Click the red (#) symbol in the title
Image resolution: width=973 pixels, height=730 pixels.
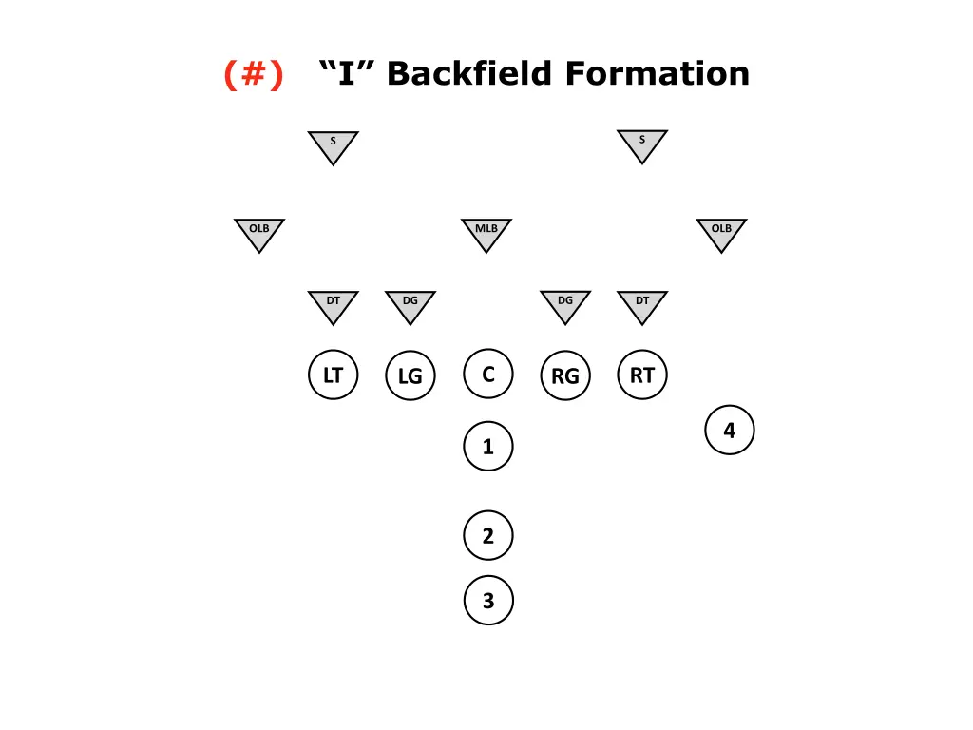pyautogui.click(x=254, y=73)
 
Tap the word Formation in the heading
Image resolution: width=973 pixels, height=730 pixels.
pyautogui.click(x=658, y=73)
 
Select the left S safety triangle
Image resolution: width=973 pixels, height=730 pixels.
pyautogui.click(x=333, y=145)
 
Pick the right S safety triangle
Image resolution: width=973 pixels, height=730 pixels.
pyautogui.click(x=642, y=144)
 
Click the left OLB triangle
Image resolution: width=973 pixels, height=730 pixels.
pyautogui.click(x=259, y=233)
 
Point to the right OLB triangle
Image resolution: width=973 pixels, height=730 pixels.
pyautogui.click(x=721, y=233)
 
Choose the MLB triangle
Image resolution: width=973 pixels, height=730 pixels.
pyautogui.click(x=486, y=233)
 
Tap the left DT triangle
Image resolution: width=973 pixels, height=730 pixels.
pyautogui.click(x=334, y=305)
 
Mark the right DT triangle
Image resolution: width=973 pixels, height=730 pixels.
pyautogui.click(x=642, y=305)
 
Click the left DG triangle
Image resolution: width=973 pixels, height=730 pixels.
pyautogui.click(x=410, y=305)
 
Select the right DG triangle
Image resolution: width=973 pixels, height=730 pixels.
pyautogui.click(x=565, y=305)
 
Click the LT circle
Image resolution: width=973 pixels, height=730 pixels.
pyautogui.click(x=334, y=375)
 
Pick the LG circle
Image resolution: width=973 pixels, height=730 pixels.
pyautogui.click(x=410, y=376)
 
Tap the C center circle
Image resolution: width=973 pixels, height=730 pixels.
pyautogui.click(x=488, y=375)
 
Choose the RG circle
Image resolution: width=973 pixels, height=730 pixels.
pyautogui.click(x=565, y=376)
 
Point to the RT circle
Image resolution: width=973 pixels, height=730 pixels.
pyautogui.click(x=642, y=375)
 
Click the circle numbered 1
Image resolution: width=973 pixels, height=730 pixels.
pyautogui.click(x=488, y=447)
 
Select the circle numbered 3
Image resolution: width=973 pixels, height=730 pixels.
pyautogui.click(x=488, y=601)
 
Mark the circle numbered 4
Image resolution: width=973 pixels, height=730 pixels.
pyautogui.click(x=730, y=431)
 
